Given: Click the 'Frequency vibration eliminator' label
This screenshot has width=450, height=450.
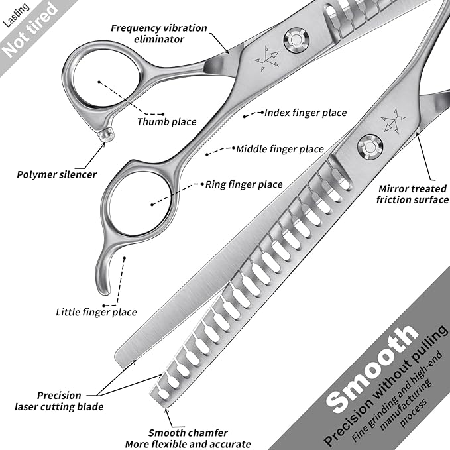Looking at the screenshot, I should [x=158, y=34].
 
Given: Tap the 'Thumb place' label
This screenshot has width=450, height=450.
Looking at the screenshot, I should [x=166, y=121].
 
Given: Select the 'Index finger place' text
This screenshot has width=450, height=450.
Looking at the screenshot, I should [x=306, y=113].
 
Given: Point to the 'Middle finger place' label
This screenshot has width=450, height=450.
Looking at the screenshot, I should [x=280, y=149].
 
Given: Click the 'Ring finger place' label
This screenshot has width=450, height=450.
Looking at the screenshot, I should [x=244, y=184].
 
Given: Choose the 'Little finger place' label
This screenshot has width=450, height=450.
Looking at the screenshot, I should [x=96, y=312].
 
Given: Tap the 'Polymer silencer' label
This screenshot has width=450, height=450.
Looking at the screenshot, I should [x=57, y=175].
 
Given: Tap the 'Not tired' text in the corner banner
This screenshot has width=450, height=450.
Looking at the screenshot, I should [x=30, y=29].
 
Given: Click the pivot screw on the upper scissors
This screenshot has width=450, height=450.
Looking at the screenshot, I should [x=295, y=41].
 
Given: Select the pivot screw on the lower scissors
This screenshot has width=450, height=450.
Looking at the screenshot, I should [x=368, y=145].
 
